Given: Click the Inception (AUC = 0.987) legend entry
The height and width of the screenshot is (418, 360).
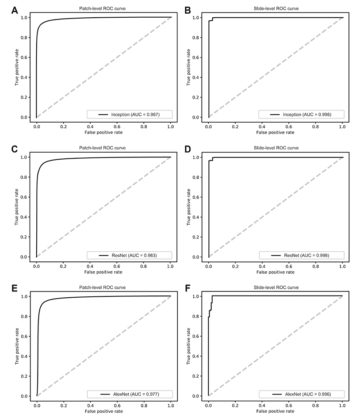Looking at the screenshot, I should click(x=129, y=115).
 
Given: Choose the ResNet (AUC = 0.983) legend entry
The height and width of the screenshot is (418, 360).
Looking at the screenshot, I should click(x=129, y=255).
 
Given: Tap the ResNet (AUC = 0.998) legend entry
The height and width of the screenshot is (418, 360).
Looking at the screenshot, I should click(x=301, y=255).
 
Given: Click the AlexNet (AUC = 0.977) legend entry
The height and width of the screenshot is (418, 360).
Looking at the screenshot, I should click(x=129, y=394).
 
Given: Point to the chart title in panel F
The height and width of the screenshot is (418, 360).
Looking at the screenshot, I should click(x=275, y=288).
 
